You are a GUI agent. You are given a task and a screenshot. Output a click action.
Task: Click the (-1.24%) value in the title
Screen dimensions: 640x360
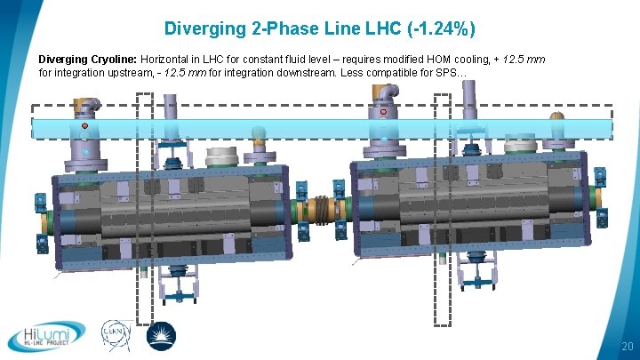click(441, 29)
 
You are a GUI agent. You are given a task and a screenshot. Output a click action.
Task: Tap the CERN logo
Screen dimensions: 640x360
click(116, 335)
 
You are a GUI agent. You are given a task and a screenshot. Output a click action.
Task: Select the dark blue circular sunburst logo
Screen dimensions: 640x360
click(161, 336)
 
